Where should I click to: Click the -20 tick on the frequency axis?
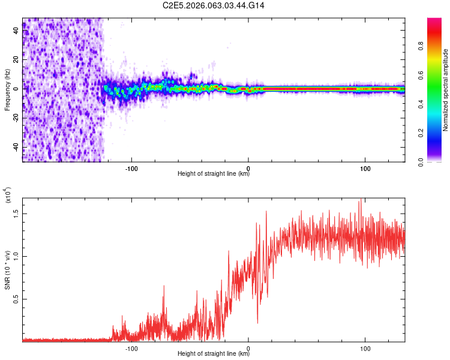coord(16,118)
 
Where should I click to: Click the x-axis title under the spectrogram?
coord(214,174)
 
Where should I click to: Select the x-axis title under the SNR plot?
coord(214,354)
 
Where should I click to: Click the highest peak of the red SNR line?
coord(360,202)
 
